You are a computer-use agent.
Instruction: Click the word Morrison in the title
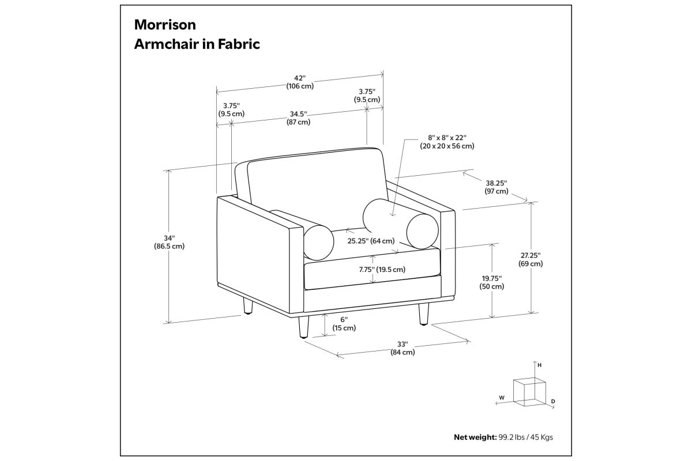coord(165,25)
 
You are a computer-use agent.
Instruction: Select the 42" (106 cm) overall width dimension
coord(300,82)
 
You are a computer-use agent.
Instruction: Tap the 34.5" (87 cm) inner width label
coord(299,118)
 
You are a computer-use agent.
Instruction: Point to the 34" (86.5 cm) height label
coord(170,242)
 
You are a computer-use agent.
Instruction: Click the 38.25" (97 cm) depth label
coord(496,187)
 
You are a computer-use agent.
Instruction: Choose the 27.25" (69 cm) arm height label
coord(531,259)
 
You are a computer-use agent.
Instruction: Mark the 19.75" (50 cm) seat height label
coord(491,282)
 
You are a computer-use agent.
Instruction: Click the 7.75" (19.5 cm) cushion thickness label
coord(382,270)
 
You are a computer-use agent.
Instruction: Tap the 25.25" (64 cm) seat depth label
coord(371,241)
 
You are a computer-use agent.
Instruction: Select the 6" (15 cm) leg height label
coord(344,324)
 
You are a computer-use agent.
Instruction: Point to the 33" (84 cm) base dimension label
coord(403,348)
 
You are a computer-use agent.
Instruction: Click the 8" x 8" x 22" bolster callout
coord(447,142)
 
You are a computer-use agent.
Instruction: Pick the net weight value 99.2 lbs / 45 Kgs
coord(525,437)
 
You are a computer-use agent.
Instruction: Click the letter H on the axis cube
coord(539,365)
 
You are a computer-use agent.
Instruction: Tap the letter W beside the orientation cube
coord(502,398)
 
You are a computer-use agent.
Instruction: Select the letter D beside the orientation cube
coord(553,402)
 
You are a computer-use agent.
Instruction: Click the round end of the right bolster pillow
coord(422,231)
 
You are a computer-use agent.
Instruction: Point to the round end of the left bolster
coord(318,243)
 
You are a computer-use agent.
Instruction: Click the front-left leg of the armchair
coord(303,327)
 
